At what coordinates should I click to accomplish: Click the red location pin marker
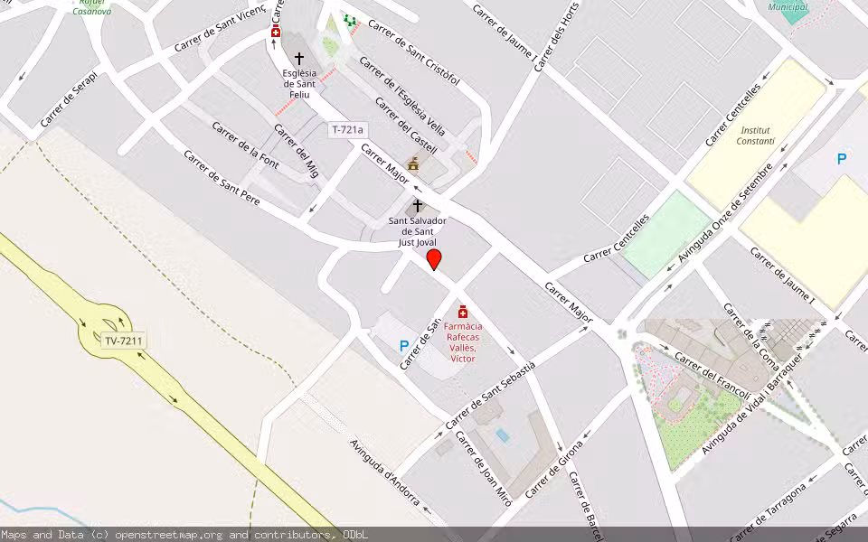coord(434,259)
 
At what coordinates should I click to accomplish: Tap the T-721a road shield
coord(346,130)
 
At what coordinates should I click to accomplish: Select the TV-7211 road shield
coord(124,341)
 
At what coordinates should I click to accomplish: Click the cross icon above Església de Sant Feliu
coord(299,58)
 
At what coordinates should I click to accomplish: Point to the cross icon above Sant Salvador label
coord(418,206)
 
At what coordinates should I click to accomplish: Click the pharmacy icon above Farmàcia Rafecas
coord(463,312)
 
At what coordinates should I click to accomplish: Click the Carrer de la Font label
coord(244,145)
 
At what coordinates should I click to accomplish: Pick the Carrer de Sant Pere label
coord(222,177)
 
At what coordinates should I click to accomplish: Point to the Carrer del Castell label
coord(406,126)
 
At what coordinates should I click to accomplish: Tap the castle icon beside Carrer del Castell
coord(414,164)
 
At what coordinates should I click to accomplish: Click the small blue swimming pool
coord(503,435)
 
